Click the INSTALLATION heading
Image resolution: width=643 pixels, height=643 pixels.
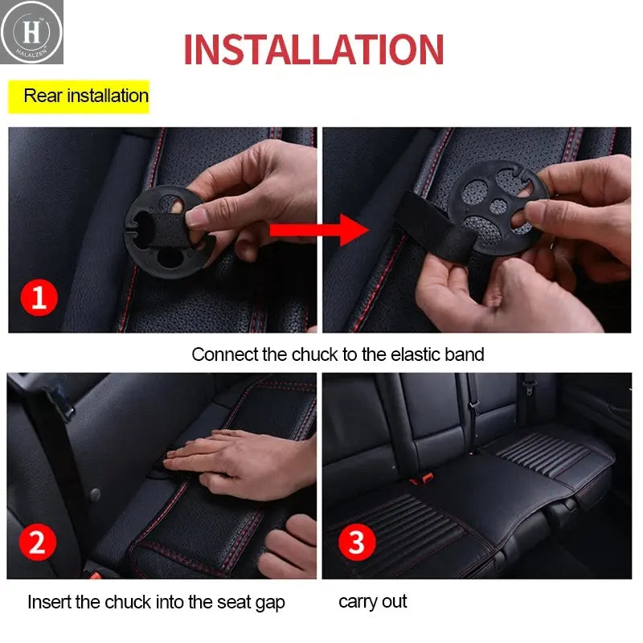313,49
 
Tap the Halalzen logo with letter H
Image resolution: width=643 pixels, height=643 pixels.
31,31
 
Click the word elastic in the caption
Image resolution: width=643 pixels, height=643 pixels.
416,354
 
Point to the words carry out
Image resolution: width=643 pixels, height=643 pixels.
373,601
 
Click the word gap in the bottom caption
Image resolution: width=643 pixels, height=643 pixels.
269,602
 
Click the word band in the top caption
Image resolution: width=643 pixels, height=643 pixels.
465,354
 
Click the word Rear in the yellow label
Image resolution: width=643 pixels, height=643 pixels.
43,96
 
